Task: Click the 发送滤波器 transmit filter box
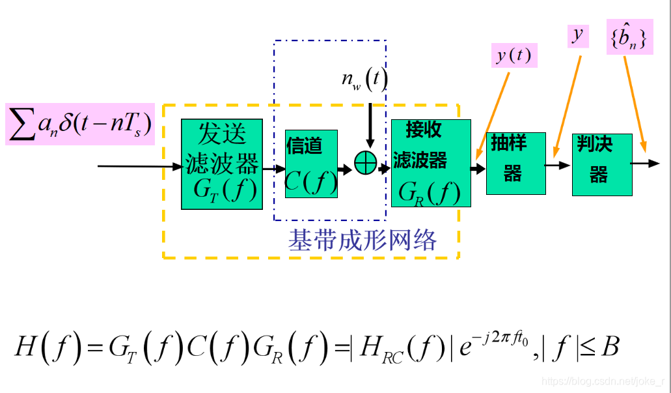tap(221, 164)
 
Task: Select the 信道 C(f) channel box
tap(311, 163)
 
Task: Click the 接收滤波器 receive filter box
tap(430, 163)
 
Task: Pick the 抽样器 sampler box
tap(515, 163)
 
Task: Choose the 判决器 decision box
tap(601, 164)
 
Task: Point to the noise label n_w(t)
tap(364, 80)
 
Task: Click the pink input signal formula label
tap(80, 124)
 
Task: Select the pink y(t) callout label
tap(514, 55)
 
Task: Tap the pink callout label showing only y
tap(577, 35)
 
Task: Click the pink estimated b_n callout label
tap(629, 37)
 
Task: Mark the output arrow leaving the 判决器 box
tap(646, 163)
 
